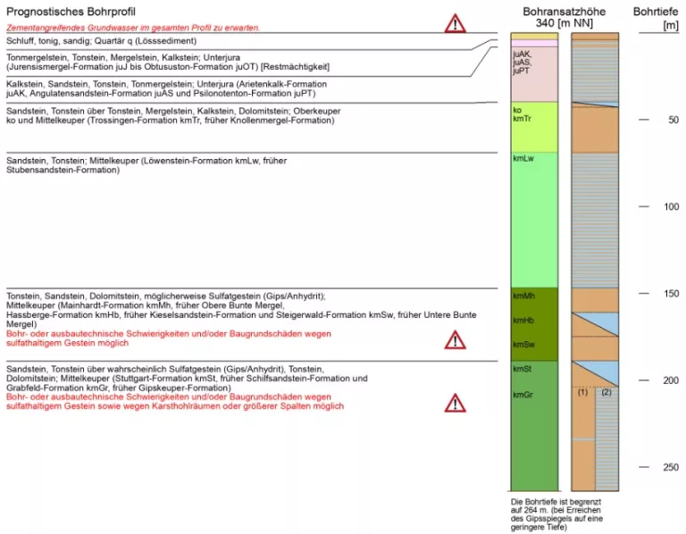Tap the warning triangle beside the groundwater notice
456,24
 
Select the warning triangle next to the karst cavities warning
456,403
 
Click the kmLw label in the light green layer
523,159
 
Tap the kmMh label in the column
523,295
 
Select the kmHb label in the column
523,320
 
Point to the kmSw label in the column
523,344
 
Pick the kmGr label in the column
523,394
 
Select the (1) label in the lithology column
582,392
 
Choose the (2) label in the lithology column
607,392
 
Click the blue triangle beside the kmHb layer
603,321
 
